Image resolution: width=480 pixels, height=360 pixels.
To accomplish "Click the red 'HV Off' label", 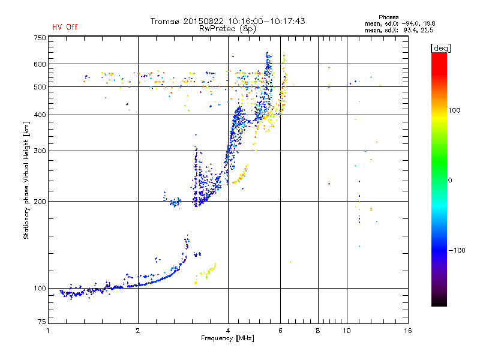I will coord(64,27).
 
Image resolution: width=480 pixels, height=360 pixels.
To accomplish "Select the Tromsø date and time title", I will coord(227,21).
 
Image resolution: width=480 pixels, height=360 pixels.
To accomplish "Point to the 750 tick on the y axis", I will coord(40,38).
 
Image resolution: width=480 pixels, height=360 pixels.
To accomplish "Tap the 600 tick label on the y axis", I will coord(40,64).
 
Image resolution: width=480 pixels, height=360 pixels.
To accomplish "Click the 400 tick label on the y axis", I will coord(40,115).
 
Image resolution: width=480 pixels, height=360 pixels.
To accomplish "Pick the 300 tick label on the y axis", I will coord(40,151).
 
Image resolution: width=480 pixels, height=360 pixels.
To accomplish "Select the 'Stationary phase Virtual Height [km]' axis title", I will coord(26,181).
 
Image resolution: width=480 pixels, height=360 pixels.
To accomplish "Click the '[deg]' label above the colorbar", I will coord(441,47).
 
